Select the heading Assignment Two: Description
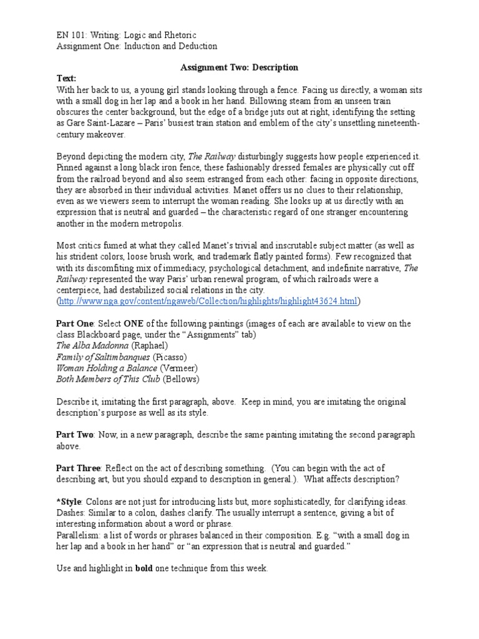[x=239, y=67]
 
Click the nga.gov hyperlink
[x=209, y=301]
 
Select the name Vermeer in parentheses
[x=181, y=368]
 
